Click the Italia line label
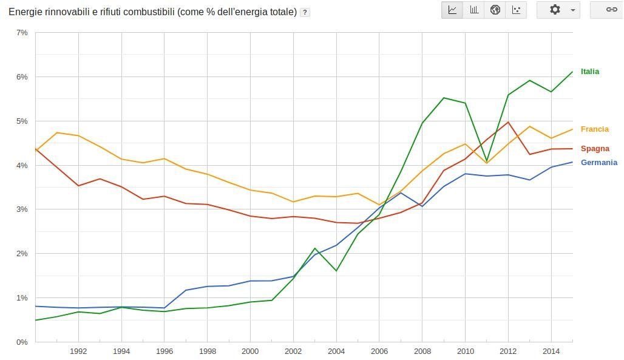pos(589,72)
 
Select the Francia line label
pos(594,129)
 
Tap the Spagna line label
pos(594,149)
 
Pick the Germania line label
pos(599,163)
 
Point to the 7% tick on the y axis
pos(22,33)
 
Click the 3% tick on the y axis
pos(22,209)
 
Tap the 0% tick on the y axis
pos(22,342)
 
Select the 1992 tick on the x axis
pos(78,352)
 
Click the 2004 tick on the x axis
pos(336,352)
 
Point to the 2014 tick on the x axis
pos(551,352)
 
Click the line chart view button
pos(452,10)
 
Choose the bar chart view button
pos(473,10)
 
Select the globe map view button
pos(495,10)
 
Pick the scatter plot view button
pos(516,10)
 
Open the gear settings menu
pos(558,10)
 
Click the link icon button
pos(611,10)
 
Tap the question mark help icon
pos(305,12)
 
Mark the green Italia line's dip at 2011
pos(487,161)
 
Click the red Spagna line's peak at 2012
pos(508,123)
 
